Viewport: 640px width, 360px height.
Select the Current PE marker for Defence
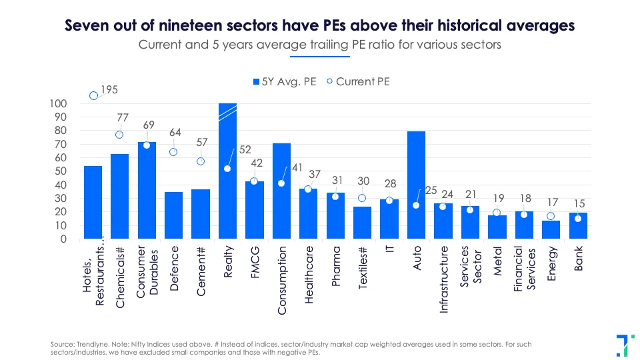coord(173,152)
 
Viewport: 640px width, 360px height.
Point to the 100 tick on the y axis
coord(58,103)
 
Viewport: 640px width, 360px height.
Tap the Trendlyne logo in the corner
coord(623,343)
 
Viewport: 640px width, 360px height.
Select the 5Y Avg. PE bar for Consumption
coord(281,191)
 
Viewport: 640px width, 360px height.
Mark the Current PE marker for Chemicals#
coord(119,135)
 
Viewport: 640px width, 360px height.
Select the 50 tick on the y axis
coord(61,171)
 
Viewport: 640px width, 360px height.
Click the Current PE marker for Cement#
coord(201,161)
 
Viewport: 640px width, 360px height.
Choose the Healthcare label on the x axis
coord(309,275)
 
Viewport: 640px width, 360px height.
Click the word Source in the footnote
coord(61,343)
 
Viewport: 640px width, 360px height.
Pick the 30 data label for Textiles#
coord(364,181)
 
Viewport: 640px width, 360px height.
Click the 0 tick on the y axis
coord(63,239)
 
